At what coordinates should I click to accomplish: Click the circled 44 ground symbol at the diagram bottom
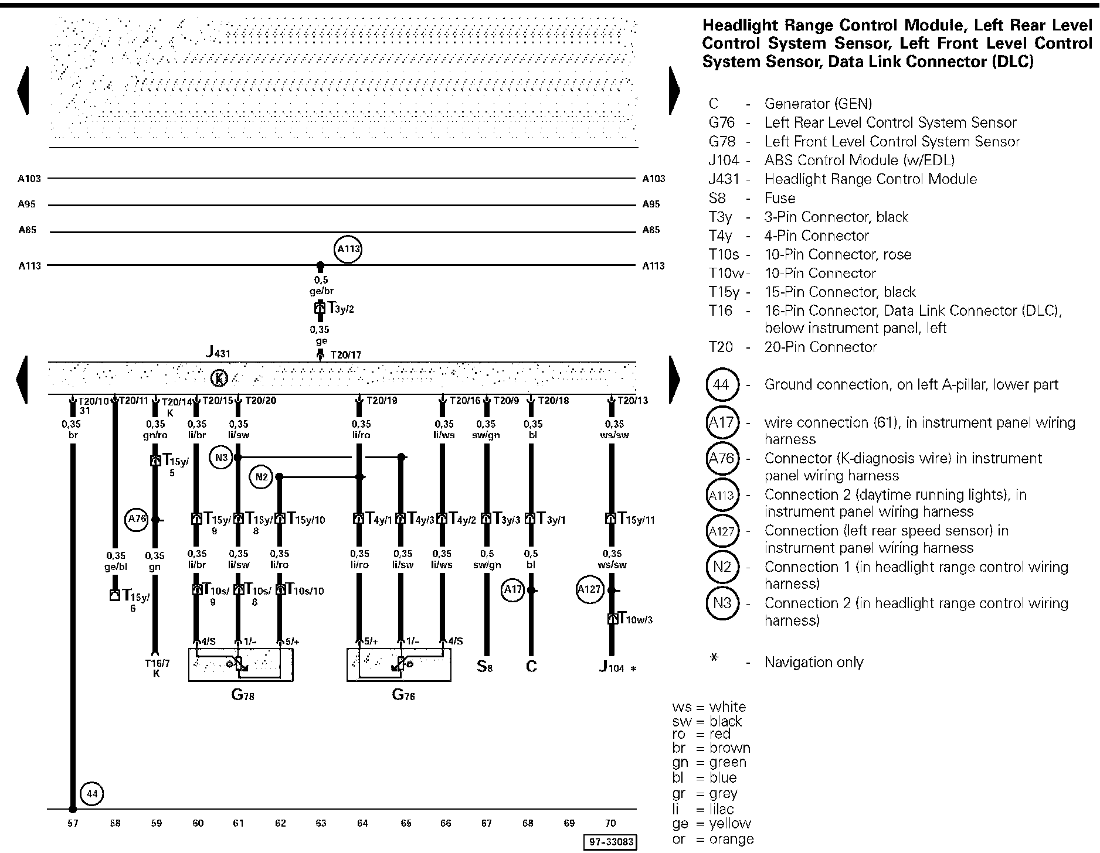91,794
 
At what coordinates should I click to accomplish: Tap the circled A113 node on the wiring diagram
348,249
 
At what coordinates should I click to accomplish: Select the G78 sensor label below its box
242,695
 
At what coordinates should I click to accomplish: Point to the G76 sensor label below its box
403,695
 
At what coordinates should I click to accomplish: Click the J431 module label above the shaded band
218,352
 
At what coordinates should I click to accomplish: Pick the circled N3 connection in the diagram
220,457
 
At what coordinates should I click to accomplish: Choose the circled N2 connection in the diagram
261,477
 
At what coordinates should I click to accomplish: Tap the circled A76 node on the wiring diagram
137,519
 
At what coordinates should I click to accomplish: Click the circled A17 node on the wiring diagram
512,590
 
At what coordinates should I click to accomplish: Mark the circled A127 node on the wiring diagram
589,589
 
